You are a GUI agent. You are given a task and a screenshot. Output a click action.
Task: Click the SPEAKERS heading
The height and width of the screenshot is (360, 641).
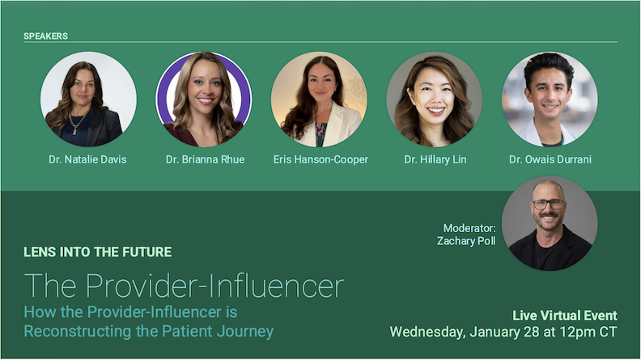[x=45, y=36]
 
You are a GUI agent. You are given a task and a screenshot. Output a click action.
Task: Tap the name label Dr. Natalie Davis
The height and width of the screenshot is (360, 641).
[x=88, y=159]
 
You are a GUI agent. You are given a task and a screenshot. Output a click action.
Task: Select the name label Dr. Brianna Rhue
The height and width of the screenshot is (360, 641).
[x=204, y=159]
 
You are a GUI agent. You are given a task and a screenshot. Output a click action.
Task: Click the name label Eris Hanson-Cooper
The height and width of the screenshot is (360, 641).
[x=319, y=159]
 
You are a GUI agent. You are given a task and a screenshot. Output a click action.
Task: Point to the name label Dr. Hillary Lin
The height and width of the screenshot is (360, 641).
[x=435, y=159]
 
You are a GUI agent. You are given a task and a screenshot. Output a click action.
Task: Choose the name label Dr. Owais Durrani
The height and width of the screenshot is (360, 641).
[x=550, y=159]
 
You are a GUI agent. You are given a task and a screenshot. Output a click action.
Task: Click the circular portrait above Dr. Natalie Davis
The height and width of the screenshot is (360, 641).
[x=88, y=99]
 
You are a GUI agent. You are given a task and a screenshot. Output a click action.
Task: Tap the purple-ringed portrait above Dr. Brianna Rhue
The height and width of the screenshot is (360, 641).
[x=204, y=99]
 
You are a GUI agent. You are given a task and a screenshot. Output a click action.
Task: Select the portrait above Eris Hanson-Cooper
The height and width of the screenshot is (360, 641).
[x=319, y=99]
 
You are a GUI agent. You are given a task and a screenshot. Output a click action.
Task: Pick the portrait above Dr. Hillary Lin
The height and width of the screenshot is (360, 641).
[x=435, y=99]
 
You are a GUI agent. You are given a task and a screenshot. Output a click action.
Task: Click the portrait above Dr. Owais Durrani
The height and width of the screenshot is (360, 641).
[x=550, y=99]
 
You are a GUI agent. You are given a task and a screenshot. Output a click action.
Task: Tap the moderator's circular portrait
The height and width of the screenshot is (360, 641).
[x=550, y=223]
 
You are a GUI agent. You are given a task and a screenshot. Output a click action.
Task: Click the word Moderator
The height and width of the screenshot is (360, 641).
[x=469, y=228]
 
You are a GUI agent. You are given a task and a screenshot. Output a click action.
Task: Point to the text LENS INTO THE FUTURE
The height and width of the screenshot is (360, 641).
[x=98, y=252]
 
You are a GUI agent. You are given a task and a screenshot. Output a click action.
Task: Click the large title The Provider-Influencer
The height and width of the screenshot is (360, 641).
[x=184, y=286]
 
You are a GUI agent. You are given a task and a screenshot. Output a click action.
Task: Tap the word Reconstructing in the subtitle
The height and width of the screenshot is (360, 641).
[x=69, y=331]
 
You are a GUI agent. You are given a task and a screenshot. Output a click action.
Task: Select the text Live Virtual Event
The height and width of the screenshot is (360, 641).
[x=565, y=316]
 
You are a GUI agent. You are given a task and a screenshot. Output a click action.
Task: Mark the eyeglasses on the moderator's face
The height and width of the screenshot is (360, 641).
[x=549, y=204]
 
